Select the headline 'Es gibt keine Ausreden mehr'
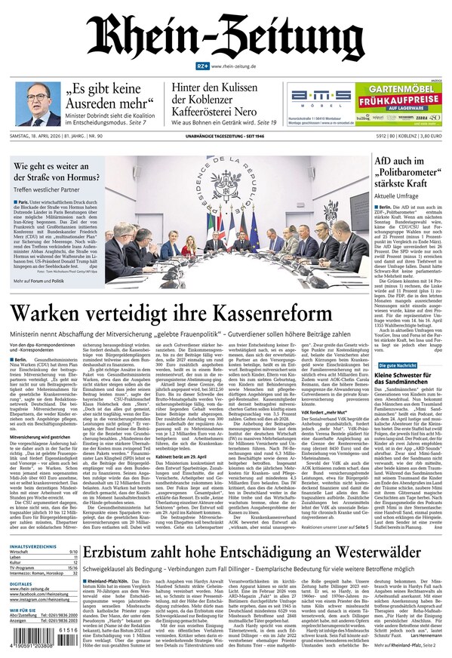106,97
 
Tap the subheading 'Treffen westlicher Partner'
42,190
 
